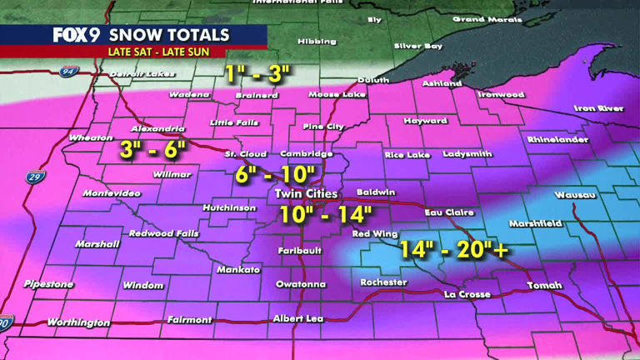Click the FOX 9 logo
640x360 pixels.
pos(77,35)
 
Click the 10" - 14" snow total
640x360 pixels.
pos(325,214)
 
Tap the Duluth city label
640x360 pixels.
pos(372,80)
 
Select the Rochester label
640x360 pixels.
pos(383,282)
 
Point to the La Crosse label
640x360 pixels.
pos(467,294)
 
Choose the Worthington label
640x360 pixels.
pos(78,322)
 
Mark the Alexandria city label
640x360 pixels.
pos(157,129)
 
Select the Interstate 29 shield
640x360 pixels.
pos(36,177)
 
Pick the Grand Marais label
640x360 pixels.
pos(480,19)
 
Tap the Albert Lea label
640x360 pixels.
pos(296,319)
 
